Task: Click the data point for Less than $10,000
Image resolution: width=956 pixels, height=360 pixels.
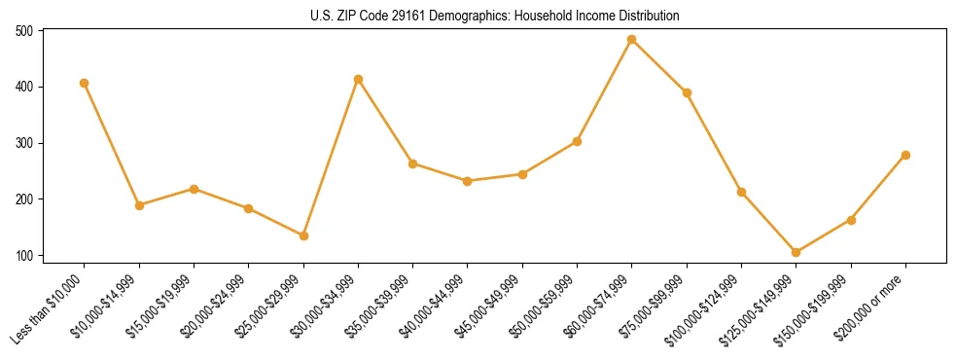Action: (x=85, y=83)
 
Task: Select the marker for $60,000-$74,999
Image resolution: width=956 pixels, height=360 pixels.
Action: (x=632, y=40)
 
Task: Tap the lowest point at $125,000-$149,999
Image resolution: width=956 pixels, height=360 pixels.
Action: (x=797, y=252)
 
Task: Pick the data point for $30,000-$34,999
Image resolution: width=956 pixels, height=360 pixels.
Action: (x=359, y=79)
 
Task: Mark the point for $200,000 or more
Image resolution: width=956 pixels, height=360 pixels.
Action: (x=905, y=155)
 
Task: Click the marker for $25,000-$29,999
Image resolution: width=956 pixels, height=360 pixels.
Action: (x=303, y=235)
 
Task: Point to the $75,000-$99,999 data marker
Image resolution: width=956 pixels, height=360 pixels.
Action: (x=687, y=92)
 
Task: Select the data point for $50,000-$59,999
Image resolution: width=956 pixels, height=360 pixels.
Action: (x=577, y=141)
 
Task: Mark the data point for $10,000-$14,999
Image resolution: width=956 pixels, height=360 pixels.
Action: (x=139, y=205)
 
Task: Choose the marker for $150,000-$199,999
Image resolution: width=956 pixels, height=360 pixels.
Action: (x=851, y=220)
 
